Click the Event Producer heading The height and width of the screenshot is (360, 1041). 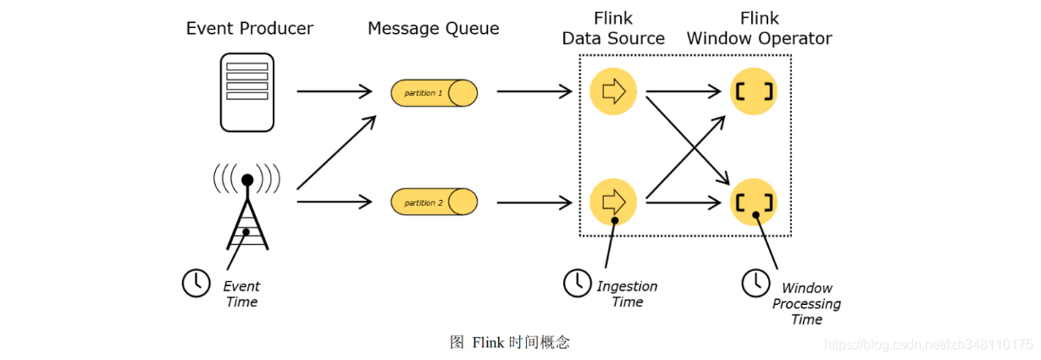click(250, 29)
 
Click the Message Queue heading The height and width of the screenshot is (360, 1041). click(433, 29)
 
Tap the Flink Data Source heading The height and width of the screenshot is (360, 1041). click(613, 29)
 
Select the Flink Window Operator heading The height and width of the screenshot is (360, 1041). click(759, 29)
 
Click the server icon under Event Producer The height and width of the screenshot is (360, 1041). click(247, 92)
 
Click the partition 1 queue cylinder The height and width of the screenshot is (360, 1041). click(434, 92)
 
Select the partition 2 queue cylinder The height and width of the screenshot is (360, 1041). click(434, 202)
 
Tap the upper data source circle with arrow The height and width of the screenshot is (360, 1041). click(613, 91)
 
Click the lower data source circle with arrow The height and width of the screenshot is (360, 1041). click(613, 202)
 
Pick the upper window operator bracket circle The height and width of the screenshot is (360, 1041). click(754, 91)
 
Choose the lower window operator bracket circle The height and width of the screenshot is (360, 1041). click(754, 202)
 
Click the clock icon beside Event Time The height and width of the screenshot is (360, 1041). click(197, 283)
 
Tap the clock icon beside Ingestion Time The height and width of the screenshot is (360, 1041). click(578, 283)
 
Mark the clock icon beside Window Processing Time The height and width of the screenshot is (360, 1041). click(756, 283)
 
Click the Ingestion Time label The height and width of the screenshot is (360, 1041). click(627, 294)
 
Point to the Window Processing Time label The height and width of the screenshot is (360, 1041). click(806, 304)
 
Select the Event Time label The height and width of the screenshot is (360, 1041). click(241, 294)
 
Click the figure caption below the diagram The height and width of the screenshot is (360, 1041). click(510, 342)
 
